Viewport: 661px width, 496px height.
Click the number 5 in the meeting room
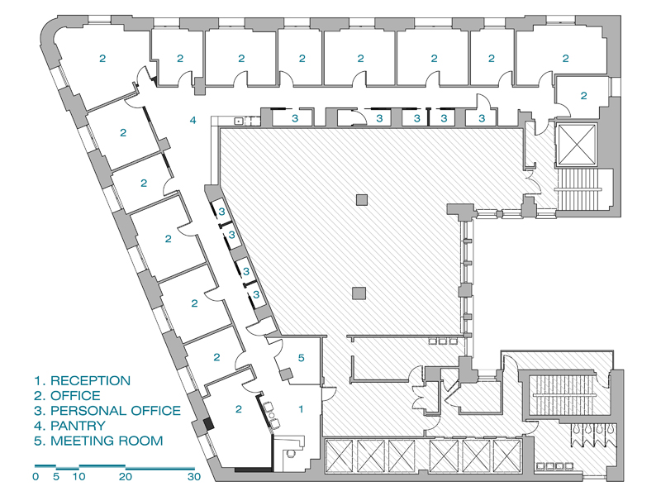coord(301,358)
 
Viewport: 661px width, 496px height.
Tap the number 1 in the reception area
coord(301,408)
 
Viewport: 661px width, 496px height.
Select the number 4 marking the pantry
coord(193,121)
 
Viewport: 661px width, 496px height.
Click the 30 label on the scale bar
coord(194,477)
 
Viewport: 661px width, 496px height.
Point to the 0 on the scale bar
coord(36,477)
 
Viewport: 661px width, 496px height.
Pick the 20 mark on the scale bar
coord(126,477)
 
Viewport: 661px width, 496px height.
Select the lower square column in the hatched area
coord(359,293)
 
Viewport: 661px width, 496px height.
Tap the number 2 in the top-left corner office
coord(102,59)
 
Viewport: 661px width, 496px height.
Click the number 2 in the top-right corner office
coord(566,59)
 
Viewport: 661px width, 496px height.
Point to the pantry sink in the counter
coord(239,121)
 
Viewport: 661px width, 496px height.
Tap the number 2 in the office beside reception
coord(239,408)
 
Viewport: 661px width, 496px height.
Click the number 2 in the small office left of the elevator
coord(583,96)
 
